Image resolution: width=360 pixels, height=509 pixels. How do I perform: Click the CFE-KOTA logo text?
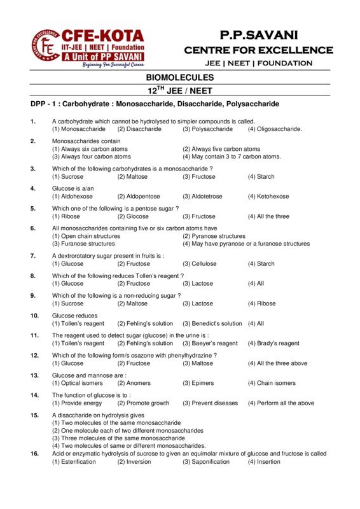click(x=102, y=36)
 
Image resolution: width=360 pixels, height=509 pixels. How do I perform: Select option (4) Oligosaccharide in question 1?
click(x=275, y=129)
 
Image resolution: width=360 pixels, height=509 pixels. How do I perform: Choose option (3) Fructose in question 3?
click(x=198, y=176)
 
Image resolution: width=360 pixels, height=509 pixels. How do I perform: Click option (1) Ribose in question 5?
click(x=67, y=216)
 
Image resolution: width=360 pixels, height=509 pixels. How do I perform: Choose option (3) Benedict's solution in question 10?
click(x=212, y=323)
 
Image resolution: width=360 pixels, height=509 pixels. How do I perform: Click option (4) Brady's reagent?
click(x=273, y=343)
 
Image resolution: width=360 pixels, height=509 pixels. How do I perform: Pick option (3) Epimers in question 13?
click(x=198, y=383)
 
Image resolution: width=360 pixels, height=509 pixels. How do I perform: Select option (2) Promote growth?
click(x=143, y=403)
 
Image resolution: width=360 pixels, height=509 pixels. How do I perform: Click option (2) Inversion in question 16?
click(x=134, y=461)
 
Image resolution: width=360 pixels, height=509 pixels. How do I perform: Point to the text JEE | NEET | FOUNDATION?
click(x=258, y=63)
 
